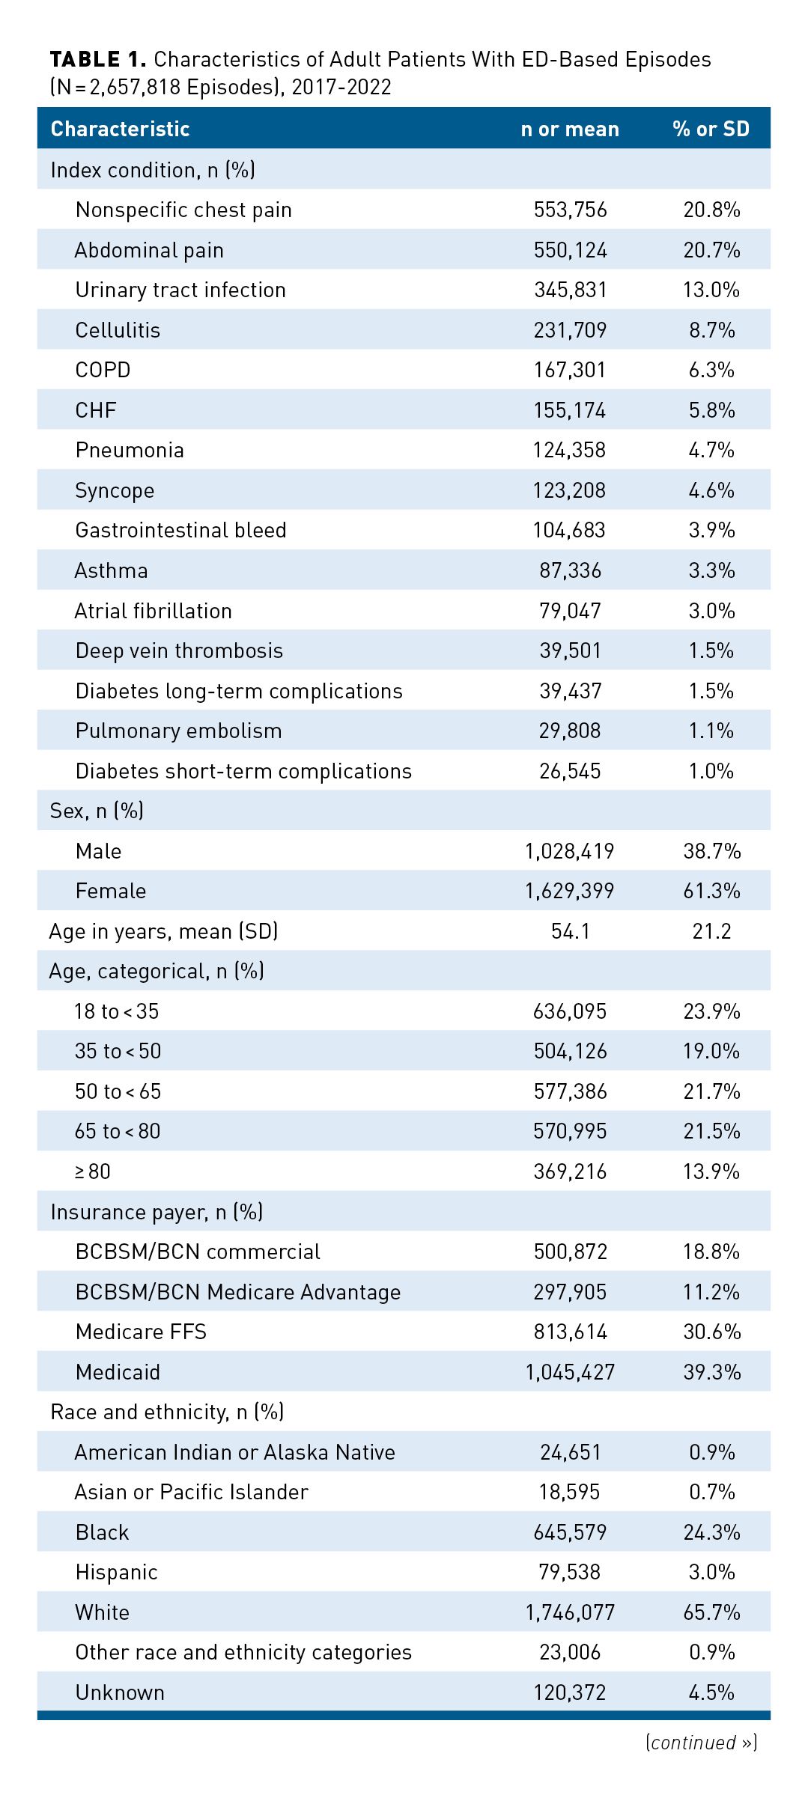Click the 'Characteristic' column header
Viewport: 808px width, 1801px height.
tap(120, 129)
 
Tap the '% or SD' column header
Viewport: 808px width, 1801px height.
tap(711, 129)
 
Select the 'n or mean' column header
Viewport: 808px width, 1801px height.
tap(570, 129)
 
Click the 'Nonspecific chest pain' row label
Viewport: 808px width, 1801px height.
tap(183, 210)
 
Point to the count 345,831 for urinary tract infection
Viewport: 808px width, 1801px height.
tap(570, 290)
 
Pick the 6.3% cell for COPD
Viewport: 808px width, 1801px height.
tap(711, 371)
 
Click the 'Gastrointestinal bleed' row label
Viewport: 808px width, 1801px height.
tap(180, 531)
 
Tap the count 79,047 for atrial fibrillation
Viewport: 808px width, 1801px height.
tap(570, 611)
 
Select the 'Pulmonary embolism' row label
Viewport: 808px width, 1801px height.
tap(178, 731)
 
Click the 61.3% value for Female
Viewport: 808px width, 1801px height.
tap(711, 892)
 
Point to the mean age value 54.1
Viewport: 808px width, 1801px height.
tap(570, 931)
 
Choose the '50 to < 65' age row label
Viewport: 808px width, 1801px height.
tap(118, 1091)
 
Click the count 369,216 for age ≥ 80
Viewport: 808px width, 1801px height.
tap(570, 1171)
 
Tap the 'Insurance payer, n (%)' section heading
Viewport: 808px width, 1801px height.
tap(157, 1212)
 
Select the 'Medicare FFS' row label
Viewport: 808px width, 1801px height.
tap(141, 1332)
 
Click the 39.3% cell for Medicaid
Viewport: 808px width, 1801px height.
tap(711, 1372)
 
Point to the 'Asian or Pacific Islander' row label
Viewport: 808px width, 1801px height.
tap(191, 1492)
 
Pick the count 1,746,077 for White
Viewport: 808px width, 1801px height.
tap(570, 1612)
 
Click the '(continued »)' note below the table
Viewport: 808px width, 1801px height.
tap(701, 1743)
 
